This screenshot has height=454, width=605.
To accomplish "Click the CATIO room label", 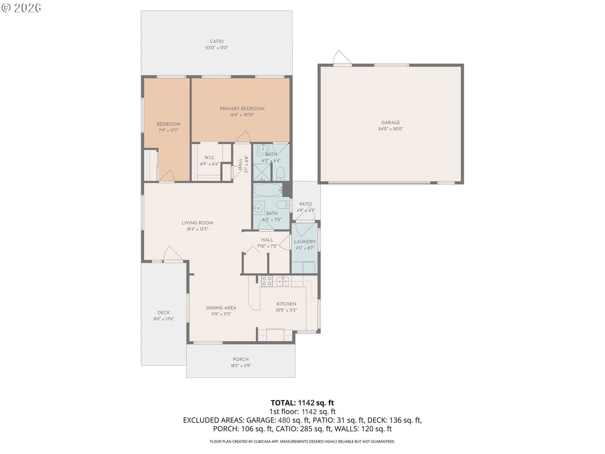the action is pos(216,41).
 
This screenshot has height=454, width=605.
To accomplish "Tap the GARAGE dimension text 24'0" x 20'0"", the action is pos(390,129).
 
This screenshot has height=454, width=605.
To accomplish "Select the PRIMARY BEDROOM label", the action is pos(242,109).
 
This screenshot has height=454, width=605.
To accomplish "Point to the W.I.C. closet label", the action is pos(209,158).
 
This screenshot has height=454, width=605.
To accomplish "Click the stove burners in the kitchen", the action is pos(267,281).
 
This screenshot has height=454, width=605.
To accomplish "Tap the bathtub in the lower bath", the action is pos(268,190).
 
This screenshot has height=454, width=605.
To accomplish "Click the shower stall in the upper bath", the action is pos(262,172).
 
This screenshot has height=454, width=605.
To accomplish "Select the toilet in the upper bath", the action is pos(280,174).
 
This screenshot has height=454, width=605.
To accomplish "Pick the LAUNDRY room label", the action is pos(304,242).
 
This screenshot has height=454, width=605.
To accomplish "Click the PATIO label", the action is pos(306,204).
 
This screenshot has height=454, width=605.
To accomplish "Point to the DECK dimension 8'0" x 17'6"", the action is pos(163,319).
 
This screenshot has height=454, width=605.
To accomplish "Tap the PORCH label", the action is pos(240,359).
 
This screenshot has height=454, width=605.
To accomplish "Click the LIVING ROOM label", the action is pos(197,223).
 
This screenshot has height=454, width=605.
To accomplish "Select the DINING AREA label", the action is pos(221,308).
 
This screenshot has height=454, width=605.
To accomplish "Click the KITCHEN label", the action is pos(286,304).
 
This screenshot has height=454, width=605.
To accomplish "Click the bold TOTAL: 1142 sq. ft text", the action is pos(302,403).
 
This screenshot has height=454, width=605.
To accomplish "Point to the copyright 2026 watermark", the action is pos(21,8).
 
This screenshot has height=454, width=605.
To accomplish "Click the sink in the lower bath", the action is pos(259,208).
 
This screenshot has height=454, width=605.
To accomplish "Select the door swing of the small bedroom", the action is pos(167,176).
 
